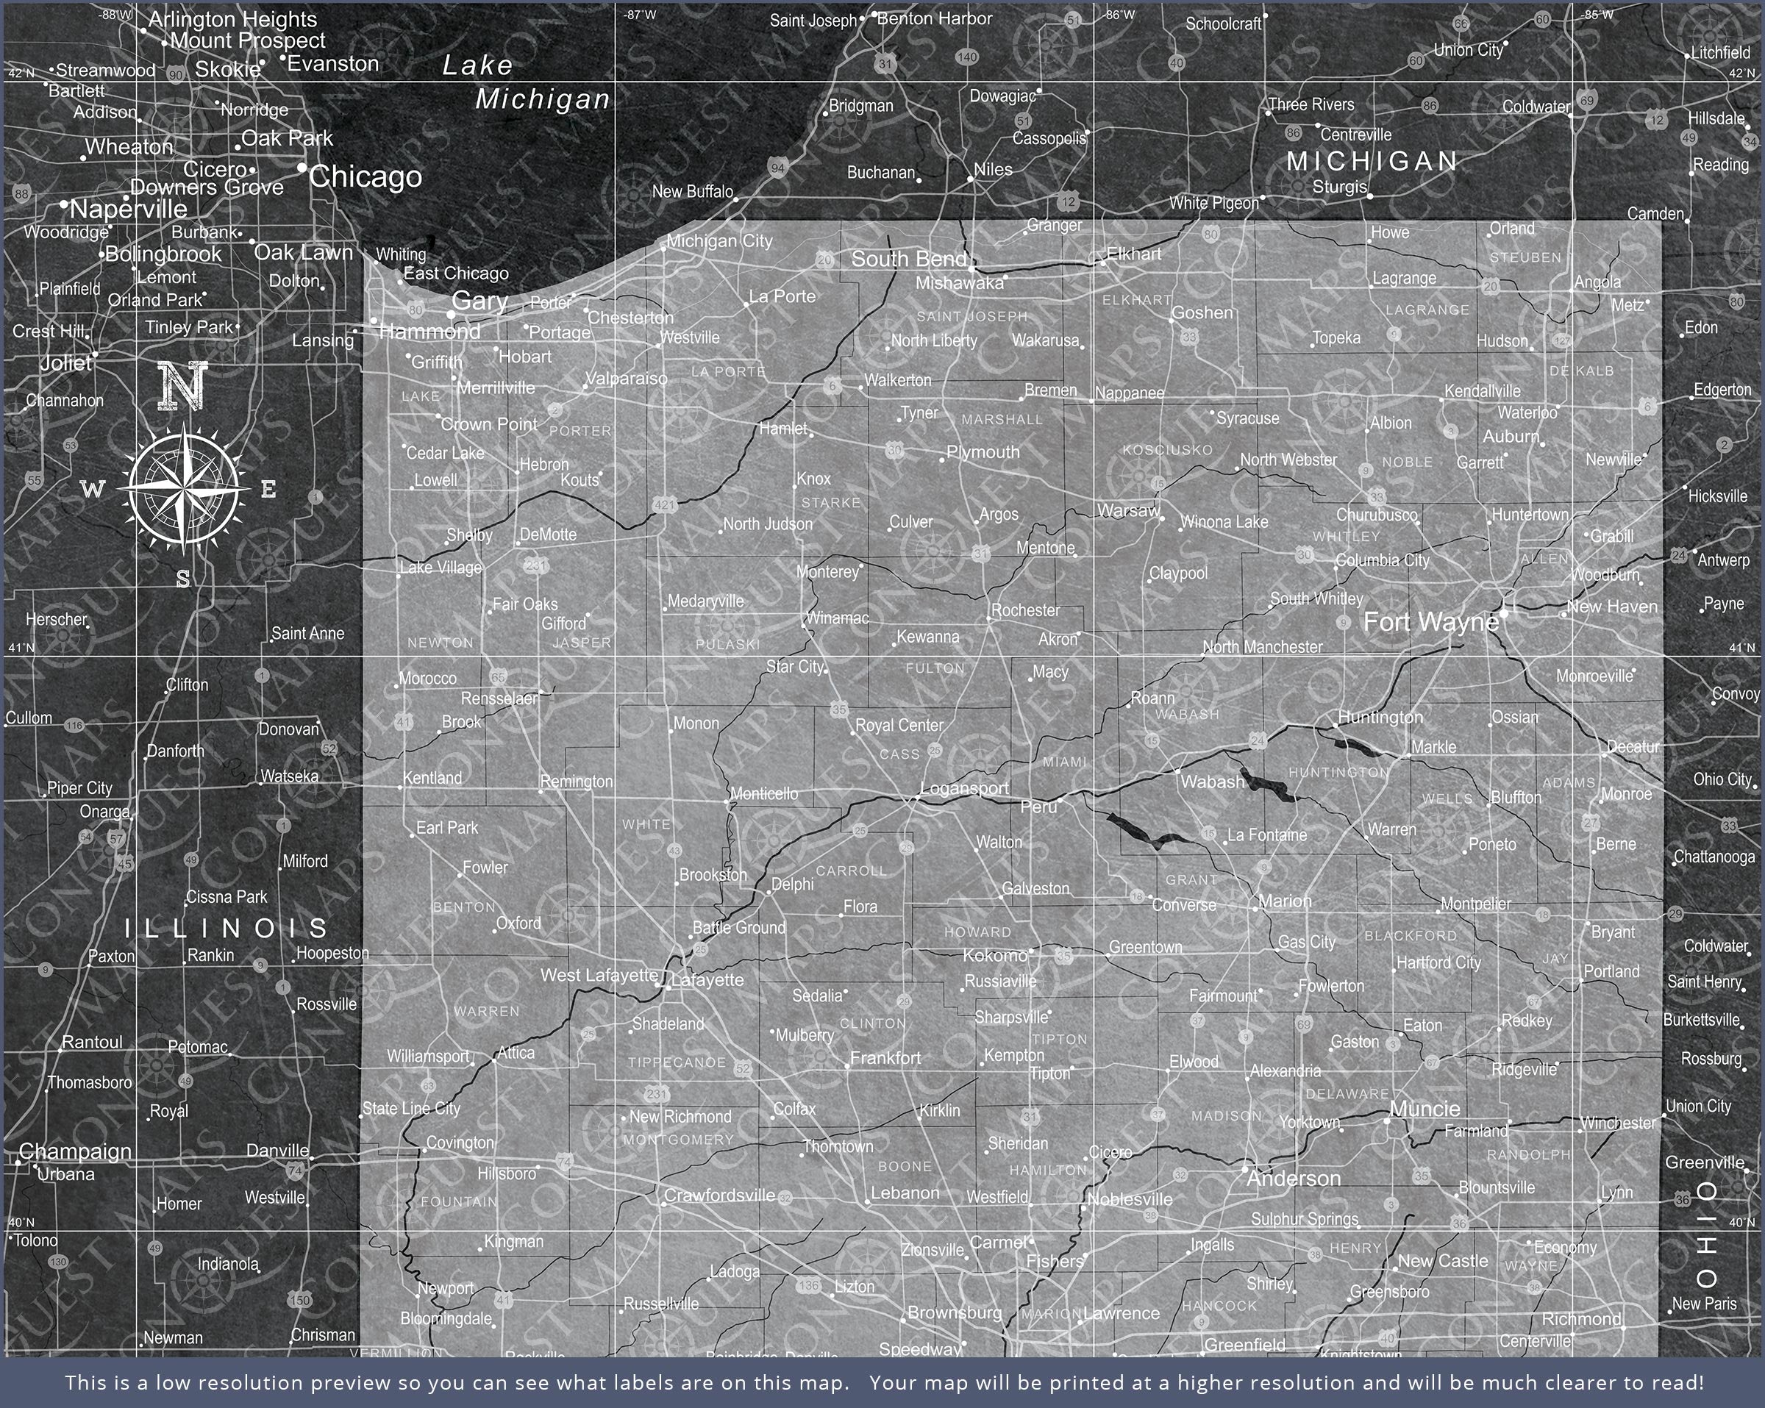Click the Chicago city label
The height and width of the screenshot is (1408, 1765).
pos(365,176)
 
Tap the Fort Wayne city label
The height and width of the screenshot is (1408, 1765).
pos(1430,622)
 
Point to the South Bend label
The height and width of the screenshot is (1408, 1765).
pos(909,260)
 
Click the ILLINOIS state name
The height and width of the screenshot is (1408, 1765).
pos(227,929)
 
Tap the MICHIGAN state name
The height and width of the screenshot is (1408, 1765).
pos(1372,161)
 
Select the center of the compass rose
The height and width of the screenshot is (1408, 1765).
pos(183,488)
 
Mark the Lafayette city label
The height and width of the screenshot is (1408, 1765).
pos(707,980)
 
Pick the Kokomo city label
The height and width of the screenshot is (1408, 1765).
pos(995,955)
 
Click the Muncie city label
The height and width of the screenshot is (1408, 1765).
pos(1425,1109)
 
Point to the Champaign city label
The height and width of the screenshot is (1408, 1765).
pos(75,1151)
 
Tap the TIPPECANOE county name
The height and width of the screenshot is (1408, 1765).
pos(677,1062)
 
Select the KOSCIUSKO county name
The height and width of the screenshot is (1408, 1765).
pos(1167,450)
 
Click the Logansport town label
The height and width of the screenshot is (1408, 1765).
pos(964,789)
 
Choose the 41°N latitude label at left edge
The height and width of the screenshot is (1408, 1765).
pos(21,648)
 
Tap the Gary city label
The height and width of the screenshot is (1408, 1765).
pos(479,301)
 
